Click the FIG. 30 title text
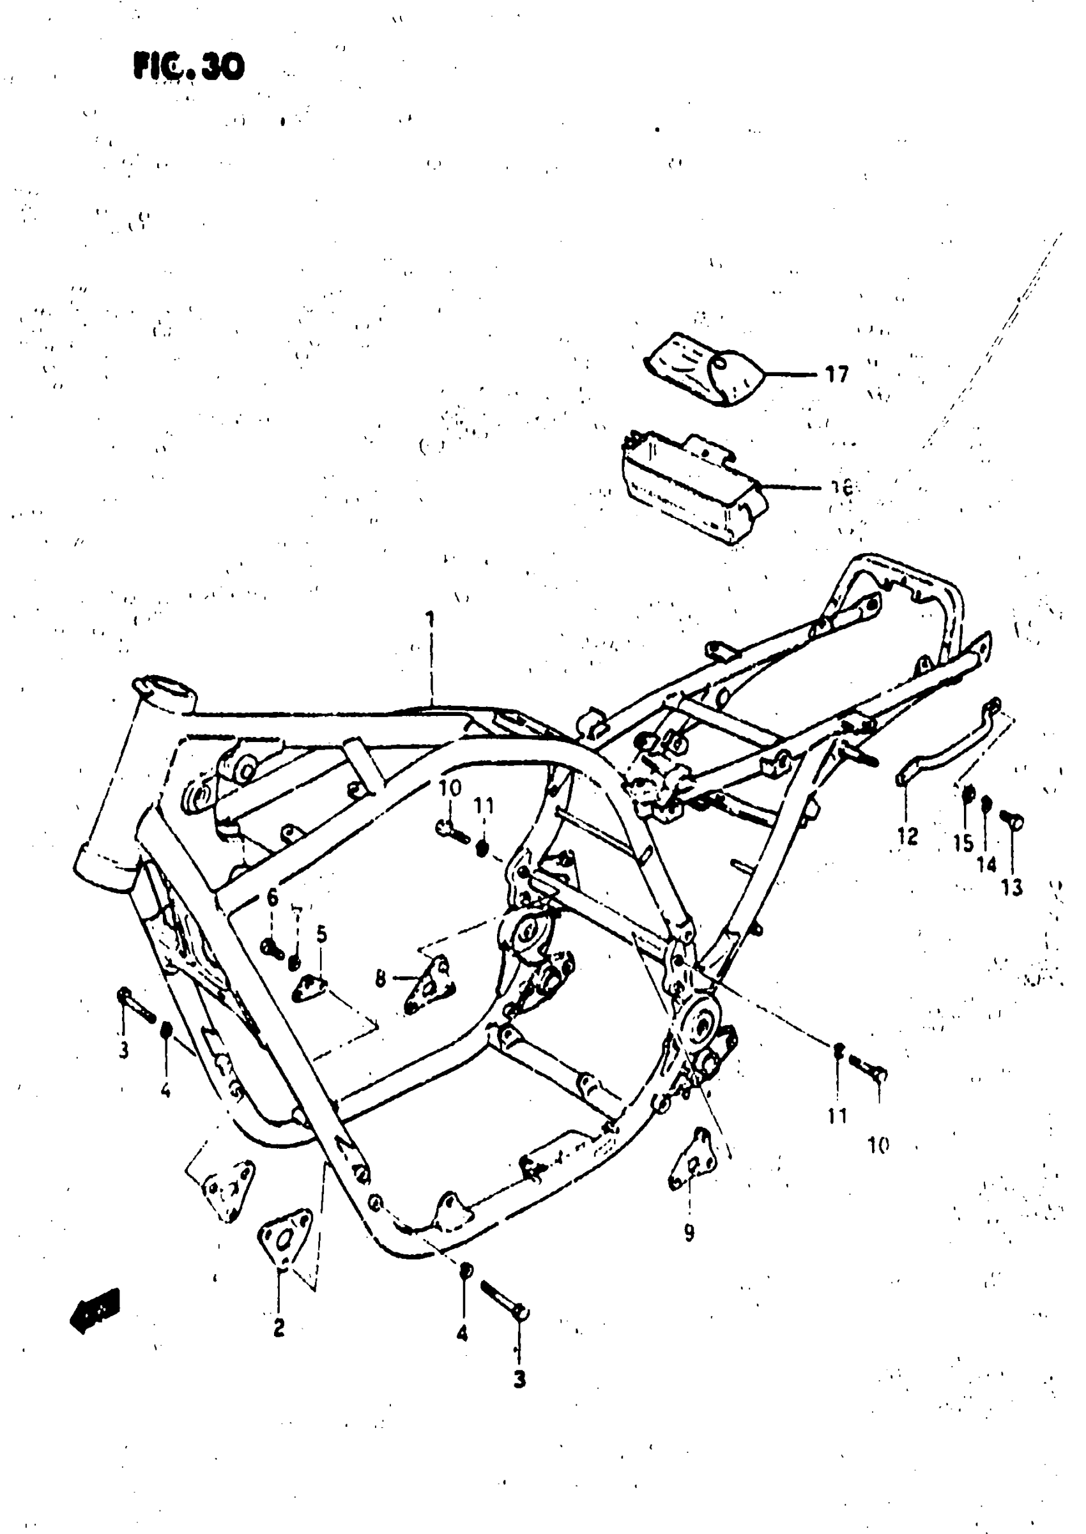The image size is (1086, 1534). [189, 67]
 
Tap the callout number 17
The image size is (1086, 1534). [837, 374]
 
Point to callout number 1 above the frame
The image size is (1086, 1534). [431, 619]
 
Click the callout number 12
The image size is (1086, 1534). [908, 835]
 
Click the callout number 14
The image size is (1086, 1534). [986, 864]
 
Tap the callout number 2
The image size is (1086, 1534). [279, 1327]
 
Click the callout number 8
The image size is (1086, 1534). [381, 980]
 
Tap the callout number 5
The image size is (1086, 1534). [322, 934]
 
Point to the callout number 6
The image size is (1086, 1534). [272, 898]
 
